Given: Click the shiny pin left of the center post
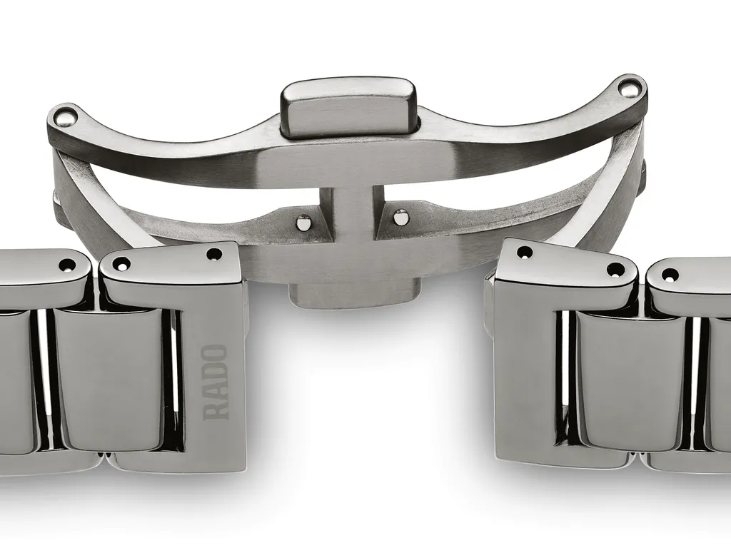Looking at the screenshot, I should pos(303,223).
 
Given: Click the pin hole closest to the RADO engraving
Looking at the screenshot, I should pos(213,254).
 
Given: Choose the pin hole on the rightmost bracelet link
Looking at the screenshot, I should pos(670,275).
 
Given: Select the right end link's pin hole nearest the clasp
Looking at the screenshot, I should pos(525,252).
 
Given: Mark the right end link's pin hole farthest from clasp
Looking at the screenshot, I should pos(615,270).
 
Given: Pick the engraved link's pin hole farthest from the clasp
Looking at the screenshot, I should pos(121,263).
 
